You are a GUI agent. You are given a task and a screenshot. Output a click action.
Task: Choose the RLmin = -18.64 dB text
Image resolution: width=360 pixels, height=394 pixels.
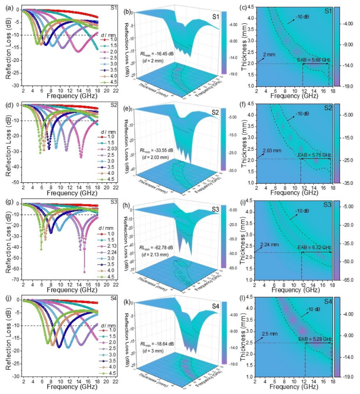[158, 342]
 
